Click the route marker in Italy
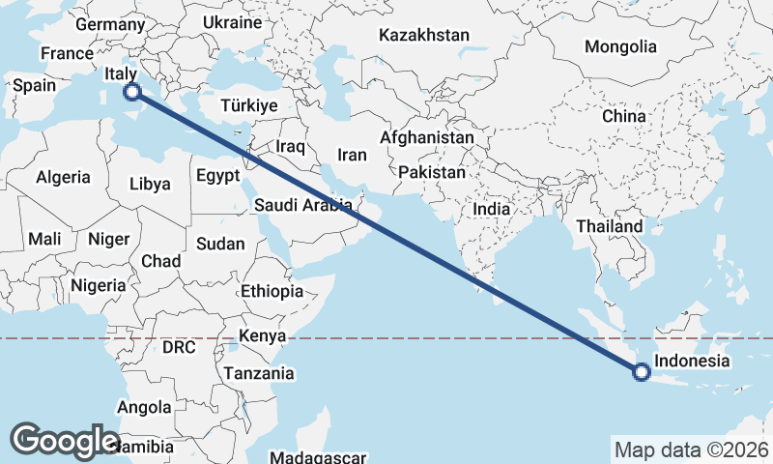pos(131,92)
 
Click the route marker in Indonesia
pos(641,370)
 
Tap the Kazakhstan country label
pos(424,35)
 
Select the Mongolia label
pos(620,46)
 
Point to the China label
pos(623,116)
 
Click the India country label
pos(492,208)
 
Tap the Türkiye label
pos(248,105)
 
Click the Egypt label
pos(216,176)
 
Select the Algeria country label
pos(63,177)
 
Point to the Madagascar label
pos(317,457)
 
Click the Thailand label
pos(610,226)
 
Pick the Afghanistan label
pos(427,137)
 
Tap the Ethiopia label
pos(272,291)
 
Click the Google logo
pos(65,441)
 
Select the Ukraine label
pos(233,22)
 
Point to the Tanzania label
pos(259,373)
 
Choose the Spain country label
pos(34,85)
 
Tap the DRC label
pos(179,347)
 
